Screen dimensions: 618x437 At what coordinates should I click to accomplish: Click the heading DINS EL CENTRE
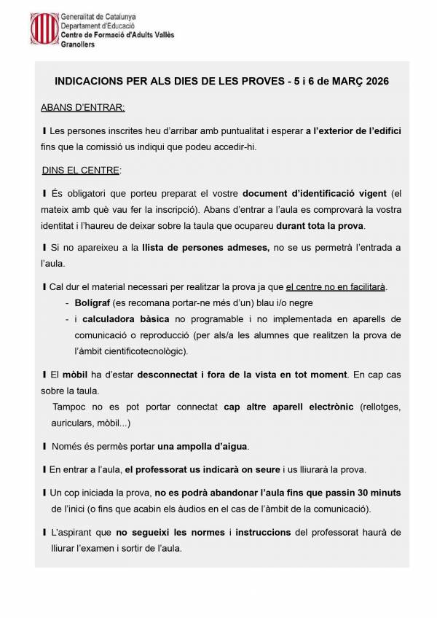point(81,171)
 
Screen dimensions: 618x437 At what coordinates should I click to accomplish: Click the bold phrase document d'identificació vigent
point(314,193)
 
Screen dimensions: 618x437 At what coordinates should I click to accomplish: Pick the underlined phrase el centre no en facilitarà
point(336,286)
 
